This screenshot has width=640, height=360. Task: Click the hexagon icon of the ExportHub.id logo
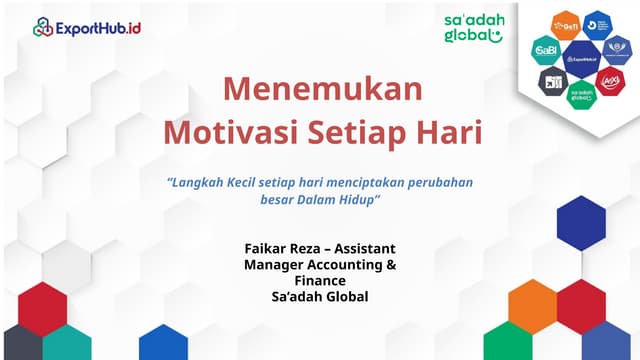[43, 27]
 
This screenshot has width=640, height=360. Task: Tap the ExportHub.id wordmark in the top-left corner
[98, 27]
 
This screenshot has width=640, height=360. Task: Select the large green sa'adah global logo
[473, 28]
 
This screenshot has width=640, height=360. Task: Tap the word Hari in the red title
[449, 132]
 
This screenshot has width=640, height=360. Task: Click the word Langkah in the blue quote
[200, 184]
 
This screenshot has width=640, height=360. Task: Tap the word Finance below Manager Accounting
[320, 281]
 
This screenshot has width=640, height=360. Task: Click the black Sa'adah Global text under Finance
[320, 297]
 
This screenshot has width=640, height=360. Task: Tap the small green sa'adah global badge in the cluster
[581, 95]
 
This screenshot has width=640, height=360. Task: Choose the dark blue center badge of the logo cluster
[581, 59]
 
